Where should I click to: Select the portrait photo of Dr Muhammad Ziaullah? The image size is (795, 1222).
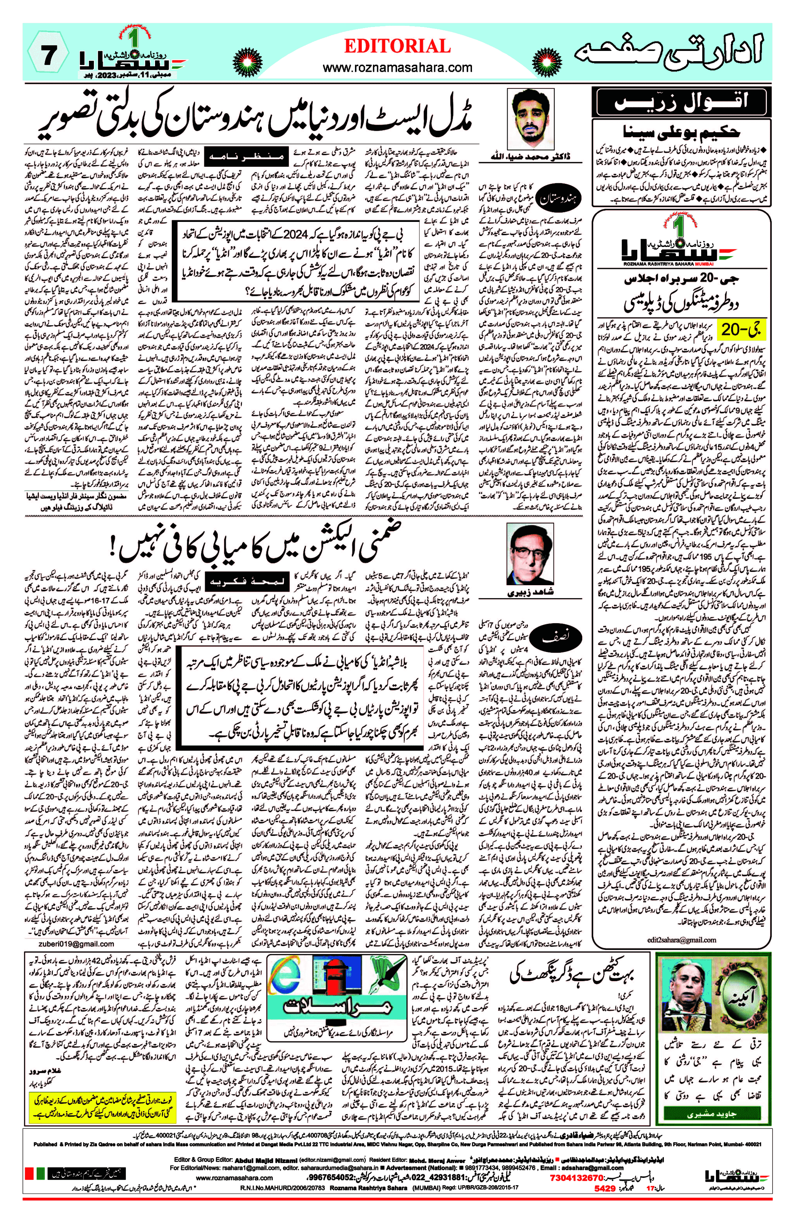(529, 119)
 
